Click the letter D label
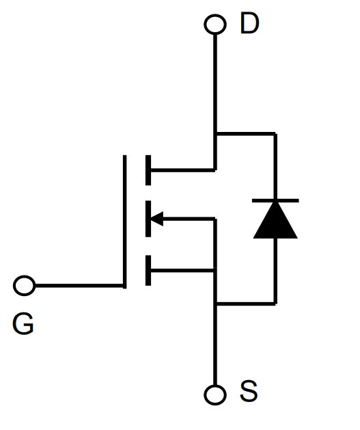(x=249, y=23)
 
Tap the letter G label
(x=23, y=324)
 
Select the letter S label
(x=249, y=390)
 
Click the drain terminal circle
(x=215, y=24)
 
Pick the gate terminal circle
(x=24, y=286)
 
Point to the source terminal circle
(x=215, y=395)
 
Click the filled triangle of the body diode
(x=275, y=220)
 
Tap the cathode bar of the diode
(x=275, y=201)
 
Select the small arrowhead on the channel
(x=156, y=219)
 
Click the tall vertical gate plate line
(x=124, y=221)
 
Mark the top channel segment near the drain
(x=148, y=170)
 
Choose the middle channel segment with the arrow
(x=148, y=219)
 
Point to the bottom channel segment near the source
(x=148, y=271)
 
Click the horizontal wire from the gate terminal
(x=79, y=286)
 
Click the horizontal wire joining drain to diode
(x=245, y=134)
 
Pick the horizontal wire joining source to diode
(x=245, y=304)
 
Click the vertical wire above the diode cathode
(x=275, y=166)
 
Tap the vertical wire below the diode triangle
(x=275, y=271)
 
